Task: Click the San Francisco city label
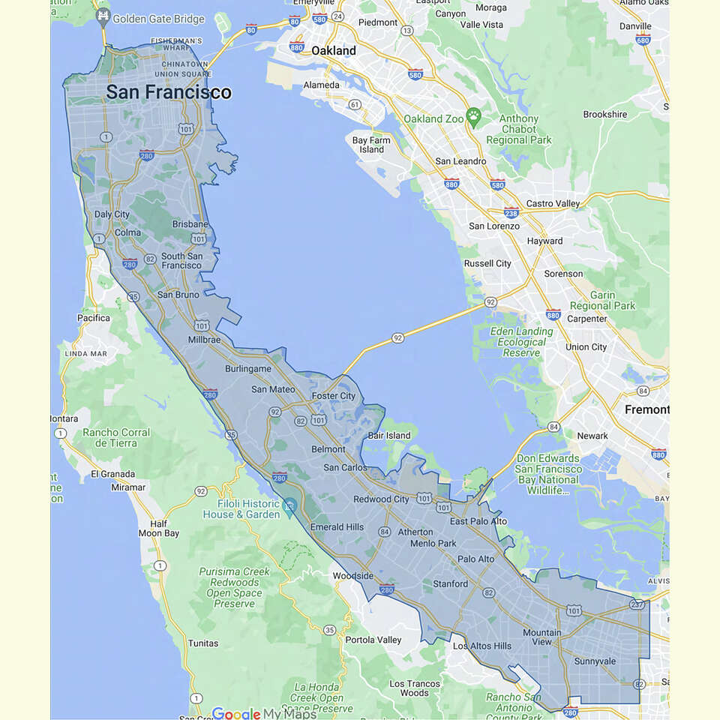[x=169, y=92]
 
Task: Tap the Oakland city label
[x=334, y=51]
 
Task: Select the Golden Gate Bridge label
[x=158, y=19]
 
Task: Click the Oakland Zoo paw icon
[x=473, y=115]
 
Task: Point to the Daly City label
[x=112, y=214]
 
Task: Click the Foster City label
[x=334, y=396]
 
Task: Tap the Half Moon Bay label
[x=159, y=529]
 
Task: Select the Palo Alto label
[x=476, y=559]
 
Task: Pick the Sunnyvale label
[x=595, y=661]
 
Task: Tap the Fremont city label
[x=646, y=409]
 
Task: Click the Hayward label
[x=544, y=241]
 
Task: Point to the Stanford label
[x=450, y=584]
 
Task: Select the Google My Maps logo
[x=263, y=713]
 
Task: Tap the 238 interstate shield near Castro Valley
[x=511, y=212]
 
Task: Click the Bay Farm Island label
[x=371, y=145]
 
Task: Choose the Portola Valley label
[x=373, y=640]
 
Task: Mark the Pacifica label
[x=94, y=318]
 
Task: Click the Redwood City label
[x=382, y=499]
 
